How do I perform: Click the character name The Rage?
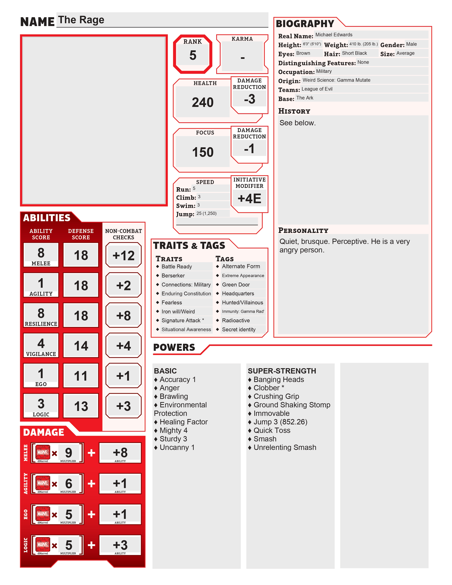(81, 20)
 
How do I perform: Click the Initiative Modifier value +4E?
(249, 199)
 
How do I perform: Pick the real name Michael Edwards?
(334, 35)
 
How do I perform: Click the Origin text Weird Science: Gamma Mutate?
(336, 80)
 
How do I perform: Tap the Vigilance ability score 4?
(41, 343)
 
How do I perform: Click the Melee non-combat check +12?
(123, 255)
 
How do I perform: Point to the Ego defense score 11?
(81, 376)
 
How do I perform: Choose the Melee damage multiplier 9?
(69, 453)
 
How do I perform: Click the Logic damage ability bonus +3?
(120, 545)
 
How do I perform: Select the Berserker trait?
(173, 276)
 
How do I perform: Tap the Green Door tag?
(236, 285)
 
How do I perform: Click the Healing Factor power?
(183, 422)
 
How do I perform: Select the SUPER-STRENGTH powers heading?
(282, 371)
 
